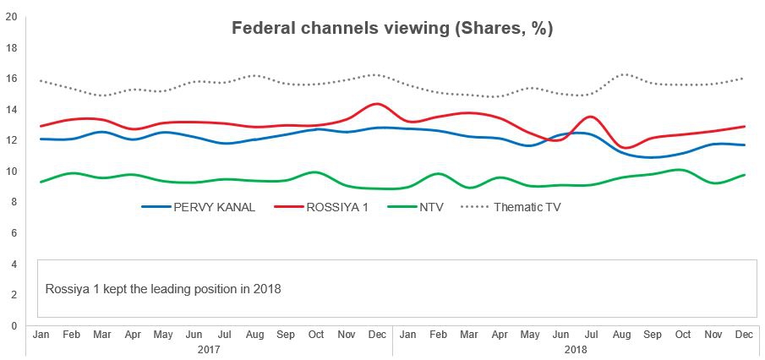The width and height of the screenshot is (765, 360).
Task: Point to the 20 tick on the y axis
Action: (x=11, y=17)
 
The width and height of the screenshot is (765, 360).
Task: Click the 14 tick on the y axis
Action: (x=11, y=110)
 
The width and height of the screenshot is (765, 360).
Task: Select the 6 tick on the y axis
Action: (x=11, y=233)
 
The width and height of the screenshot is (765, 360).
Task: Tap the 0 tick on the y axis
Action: (x=11, y=325)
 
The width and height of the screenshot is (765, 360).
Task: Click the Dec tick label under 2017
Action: (x=376, y=335)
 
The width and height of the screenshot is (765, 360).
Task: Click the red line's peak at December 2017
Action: (x=376, y=104)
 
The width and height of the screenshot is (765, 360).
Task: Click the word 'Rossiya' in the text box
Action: (x=65, y=289)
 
